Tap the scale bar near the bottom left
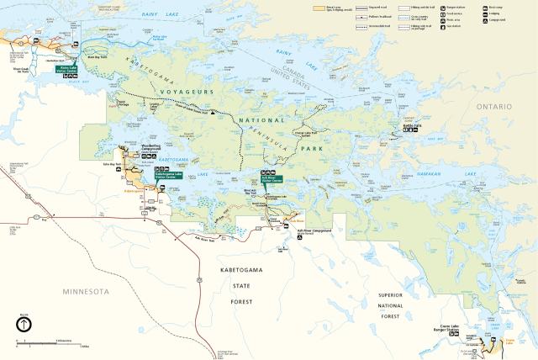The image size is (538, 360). click(x=50, y=342)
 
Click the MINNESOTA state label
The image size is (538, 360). click(x=79, y=290)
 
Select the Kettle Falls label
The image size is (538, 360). click(x=412, y=124)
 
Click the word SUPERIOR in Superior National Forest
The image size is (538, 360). click(x=390, y=295)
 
